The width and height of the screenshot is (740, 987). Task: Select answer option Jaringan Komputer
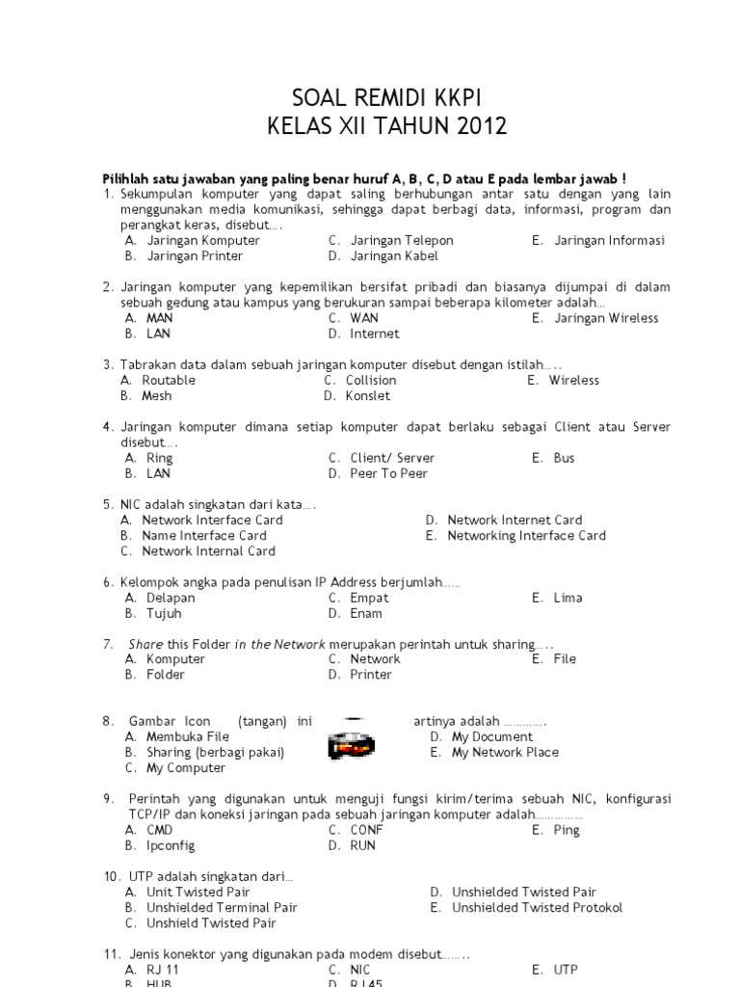202,240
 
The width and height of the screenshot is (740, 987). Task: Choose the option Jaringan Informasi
609,240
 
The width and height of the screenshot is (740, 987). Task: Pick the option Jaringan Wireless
606,318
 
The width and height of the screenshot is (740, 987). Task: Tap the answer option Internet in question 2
374,333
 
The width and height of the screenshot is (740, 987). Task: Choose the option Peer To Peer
388,473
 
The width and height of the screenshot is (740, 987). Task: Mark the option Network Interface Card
212,520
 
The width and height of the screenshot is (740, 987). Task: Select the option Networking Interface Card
526,535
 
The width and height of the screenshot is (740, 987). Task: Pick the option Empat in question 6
369,598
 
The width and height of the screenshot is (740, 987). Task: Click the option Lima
568,598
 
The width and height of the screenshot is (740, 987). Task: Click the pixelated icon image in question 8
351,744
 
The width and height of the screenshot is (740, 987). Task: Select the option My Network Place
505,752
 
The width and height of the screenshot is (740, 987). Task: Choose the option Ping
567,830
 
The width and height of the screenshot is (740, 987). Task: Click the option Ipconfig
171,845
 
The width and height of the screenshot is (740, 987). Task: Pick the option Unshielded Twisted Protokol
537,907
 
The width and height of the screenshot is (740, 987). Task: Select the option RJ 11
163,970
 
